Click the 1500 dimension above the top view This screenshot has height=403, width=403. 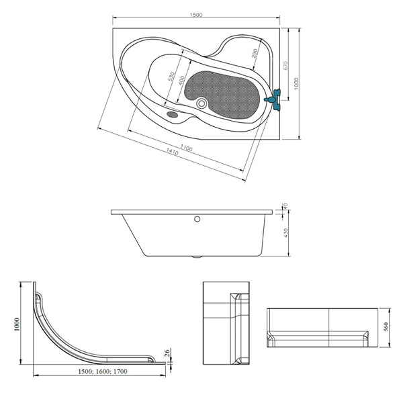click(196, 15)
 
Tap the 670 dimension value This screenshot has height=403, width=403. click(285, 65)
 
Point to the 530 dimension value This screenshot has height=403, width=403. click(171, 77)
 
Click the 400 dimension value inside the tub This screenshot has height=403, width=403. click(181, 81)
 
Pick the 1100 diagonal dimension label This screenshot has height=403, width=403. click(186, 148)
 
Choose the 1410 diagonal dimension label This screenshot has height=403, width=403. click(173, 152)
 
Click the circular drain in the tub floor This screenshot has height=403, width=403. click(201, 103)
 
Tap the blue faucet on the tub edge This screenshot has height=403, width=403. click(274, 99)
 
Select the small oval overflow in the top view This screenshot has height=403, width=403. click(172, 114)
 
